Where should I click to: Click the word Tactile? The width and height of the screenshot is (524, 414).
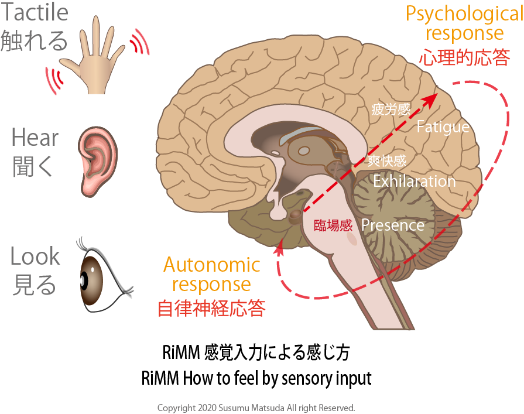tap(35, 12)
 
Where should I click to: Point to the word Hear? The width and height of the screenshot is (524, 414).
tap(35, 139)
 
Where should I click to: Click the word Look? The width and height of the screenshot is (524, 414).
tap(35, 256)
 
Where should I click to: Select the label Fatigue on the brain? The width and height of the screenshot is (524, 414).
tap(443, 127)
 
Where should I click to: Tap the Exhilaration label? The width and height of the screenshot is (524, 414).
tap(414, 181)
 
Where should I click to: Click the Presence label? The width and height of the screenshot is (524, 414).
tap(393, 225)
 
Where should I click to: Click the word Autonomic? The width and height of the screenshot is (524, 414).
tap(211, 265)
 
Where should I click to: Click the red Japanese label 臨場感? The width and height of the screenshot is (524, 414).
tap(333, 225)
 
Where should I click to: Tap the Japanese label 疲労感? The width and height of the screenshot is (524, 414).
tap(391, 110)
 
